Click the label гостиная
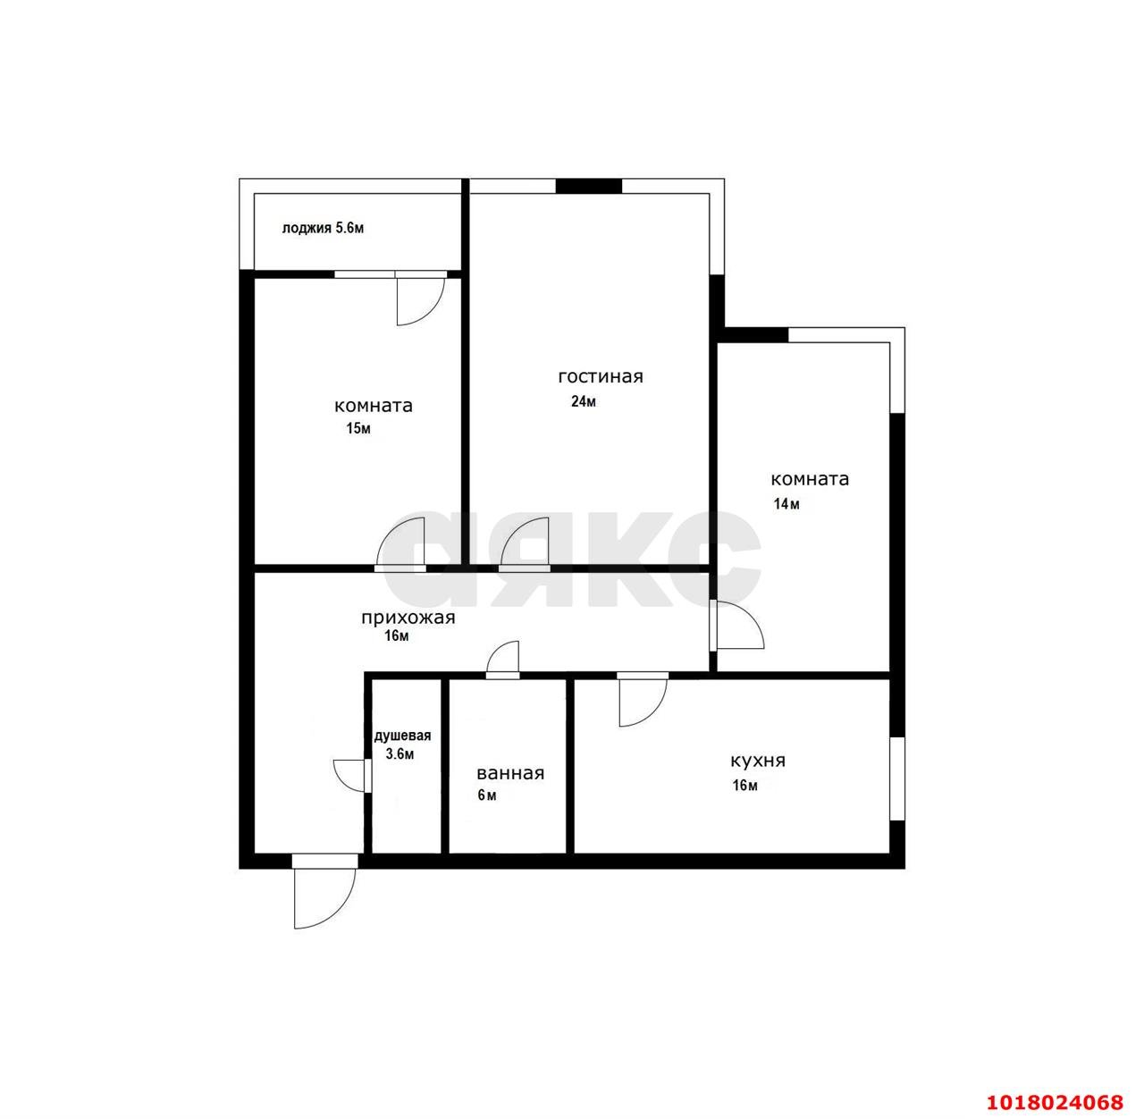(x=601, y=376)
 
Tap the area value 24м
(x=583, y=401)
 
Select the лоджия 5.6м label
(x=323, y=228)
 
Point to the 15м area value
(x=358, y=428)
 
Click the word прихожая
(x=408, y=618)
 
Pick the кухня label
(x=758, y=761)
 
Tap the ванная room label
(x=510, y=773)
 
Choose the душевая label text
(x=403, y=736)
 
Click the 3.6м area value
(x=400, y=753)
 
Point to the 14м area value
(x=786, y=504)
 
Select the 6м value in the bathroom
(x=487, y=795)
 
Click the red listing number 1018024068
(x=1055, y=1101)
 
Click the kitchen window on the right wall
(x=897, y=778)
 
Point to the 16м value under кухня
(x=744, y=785)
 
